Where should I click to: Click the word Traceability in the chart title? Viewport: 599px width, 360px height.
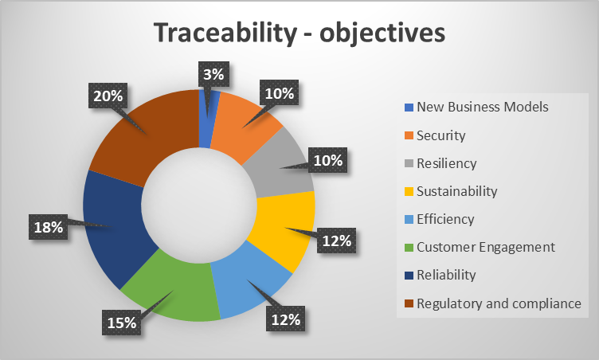point(225,33)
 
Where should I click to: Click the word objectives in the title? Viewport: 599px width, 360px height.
point(382,33)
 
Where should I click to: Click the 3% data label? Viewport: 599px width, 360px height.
point(213,74)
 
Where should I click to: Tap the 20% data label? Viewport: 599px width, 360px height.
point(108,96)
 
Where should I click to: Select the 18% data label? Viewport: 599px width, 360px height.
point(48,227)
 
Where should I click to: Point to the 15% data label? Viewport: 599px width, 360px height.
point(122,323)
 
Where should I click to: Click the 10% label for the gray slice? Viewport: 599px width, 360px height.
point(327,160)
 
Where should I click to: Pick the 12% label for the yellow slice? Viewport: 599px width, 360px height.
point(337,241)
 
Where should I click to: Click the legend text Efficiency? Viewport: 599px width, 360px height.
point(445,219)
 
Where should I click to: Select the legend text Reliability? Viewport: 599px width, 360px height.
point(446,275)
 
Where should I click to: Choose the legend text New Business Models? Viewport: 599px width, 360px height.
point(483,107)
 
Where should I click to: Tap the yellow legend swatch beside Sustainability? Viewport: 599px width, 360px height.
point(409,191)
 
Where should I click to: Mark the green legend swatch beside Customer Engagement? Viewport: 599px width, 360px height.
point(409,247)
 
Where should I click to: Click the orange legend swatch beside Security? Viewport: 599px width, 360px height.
point(409,135)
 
